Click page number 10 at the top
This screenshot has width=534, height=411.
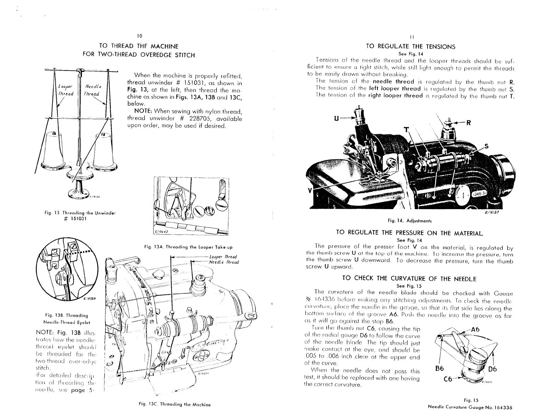tap(139, 36)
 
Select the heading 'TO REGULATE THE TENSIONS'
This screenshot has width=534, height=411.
tap(411, 47)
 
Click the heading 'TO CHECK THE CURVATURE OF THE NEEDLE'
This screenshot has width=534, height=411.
tap(409, 278)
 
